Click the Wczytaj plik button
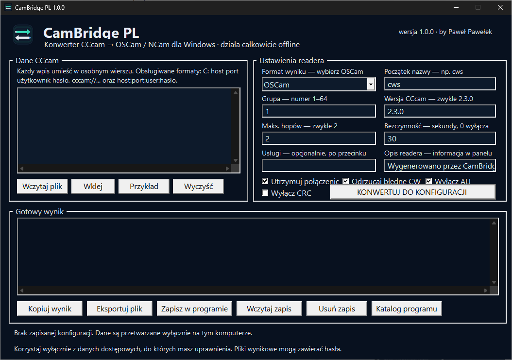[42, 186]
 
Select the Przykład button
[144, 186]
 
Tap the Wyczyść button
[198, 186]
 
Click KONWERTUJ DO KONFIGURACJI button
[412, 192]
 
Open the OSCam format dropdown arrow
[371, 85]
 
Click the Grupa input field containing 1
[319, 111]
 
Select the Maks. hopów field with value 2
[319, 138]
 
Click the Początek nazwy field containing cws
[440, 84]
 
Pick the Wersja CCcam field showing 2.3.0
[440, 111]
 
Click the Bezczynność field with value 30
[440, 138]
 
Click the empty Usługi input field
[319, 165]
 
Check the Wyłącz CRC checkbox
[265, 193]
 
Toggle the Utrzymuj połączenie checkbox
[265, 181]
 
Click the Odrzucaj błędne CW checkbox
[346, 181]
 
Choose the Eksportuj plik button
[119, 309]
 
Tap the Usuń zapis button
[337, 309]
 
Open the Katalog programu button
[407, 309]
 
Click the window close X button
[500, 7]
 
